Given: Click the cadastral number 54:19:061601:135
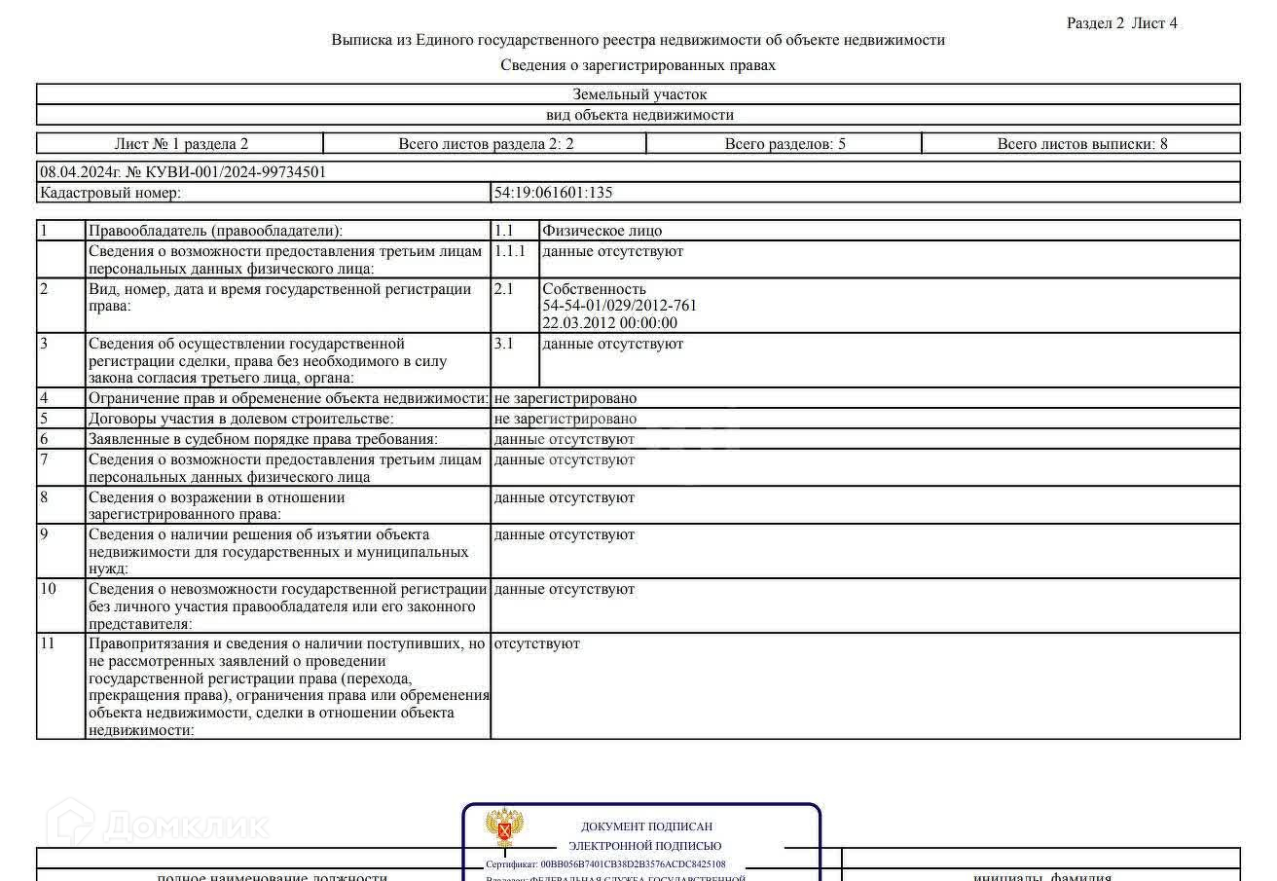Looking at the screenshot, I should point(553,193).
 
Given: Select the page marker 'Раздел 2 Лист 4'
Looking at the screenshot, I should point(1121,23).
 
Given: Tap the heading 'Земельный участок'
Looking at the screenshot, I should point(638,94).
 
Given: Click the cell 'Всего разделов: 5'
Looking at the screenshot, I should point(784,144).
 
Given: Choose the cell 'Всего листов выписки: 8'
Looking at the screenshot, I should point(1081,144).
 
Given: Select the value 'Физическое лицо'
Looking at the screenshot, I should point(602,231).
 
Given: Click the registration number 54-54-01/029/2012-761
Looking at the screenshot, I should point(619,306).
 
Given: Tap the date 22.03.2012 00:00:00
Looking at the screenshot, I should point(609,323).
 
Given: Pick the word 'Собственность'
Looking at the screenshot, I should point(594,289).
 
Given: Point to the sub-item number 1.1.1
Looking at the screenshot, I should point(509,251).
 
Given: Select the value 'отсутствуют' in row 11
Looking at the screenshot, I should point(536,643).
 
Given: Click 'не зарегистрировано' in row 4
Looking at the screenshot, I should point(565,398).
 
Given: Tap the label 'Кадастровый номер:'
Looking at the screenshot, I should point(110,193).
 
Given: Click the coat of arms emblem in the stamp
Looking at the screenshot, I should point(504,828).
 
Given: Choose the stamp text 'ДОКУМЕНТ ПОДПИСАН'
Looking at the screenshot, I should point(646,826).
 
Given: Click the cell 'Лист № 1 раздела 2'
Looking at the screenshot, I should point(181,144).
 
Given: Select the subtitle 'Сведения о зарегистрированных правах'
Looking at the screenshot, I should point(638,65).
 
